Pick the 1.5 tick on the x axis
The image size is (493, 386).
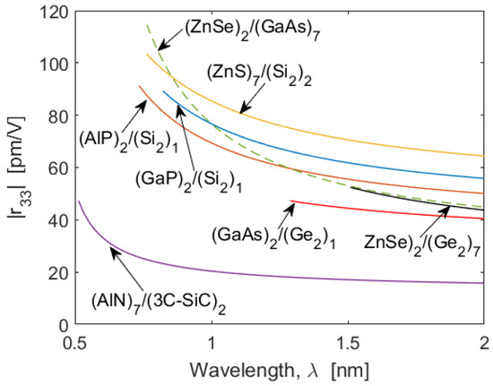tap(348, 341)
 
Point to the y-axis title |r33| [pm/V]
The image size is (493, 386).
tap(17, 168)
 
